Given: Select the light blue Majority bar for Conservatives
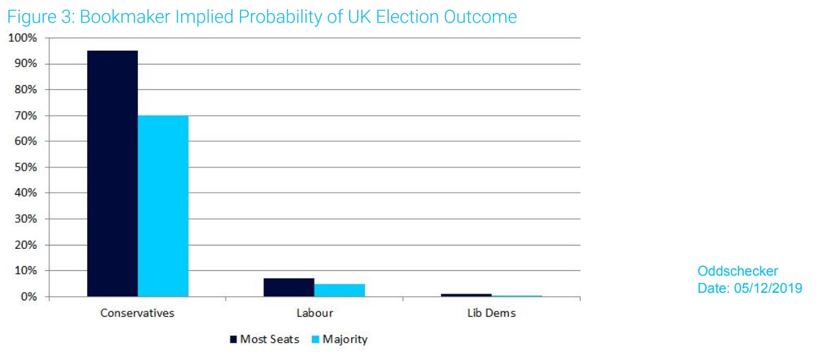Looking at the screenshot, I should (x=163, y=206).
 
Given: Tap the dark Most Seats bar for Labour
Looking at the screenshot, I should (x=289, y=287).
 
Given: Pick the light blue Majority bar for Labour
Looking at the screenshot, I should (x=339, y=290).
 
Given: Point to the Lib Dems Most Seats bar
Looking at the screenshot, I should (x=466, y=295).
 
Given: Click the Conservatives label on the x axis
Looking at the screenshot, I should (x=137, y=313).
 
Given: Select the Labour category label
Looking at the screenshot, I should (x=314, y=313).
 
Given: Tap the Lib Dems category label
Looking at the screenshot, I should (x=491, y=313).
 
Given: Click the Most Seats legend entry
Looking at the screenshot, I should (x=264, y=339).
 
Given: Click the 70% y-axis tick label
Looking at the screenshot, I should (x=25, y=115).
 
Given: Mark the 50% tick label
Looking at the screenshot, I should (x=25, y=167).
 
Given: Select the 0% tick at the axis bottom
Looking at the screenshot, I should (x=27, y=296).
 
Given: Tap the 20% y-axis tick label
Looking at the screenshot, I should (x=25, y=245).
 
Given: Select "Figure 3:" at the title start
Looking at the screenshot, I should (x=41, y=17).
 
